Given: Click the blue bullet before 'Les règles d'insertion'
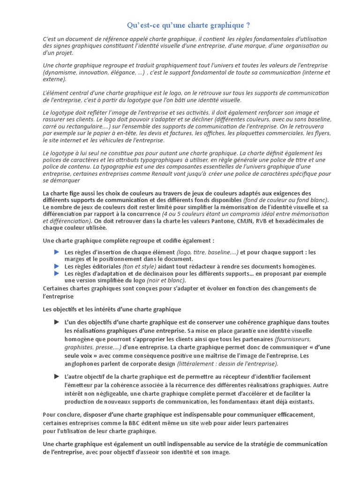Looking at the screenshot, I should click(x=57, y=252).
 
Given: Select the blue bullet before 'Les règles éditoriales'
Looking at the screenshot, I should click(x=57, y=266).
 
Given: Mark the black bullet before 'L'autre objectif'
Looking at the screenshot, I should click(x=57, y=376).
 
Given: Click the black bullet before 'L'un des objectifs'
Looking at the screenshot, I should click(x=57, y=322).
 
